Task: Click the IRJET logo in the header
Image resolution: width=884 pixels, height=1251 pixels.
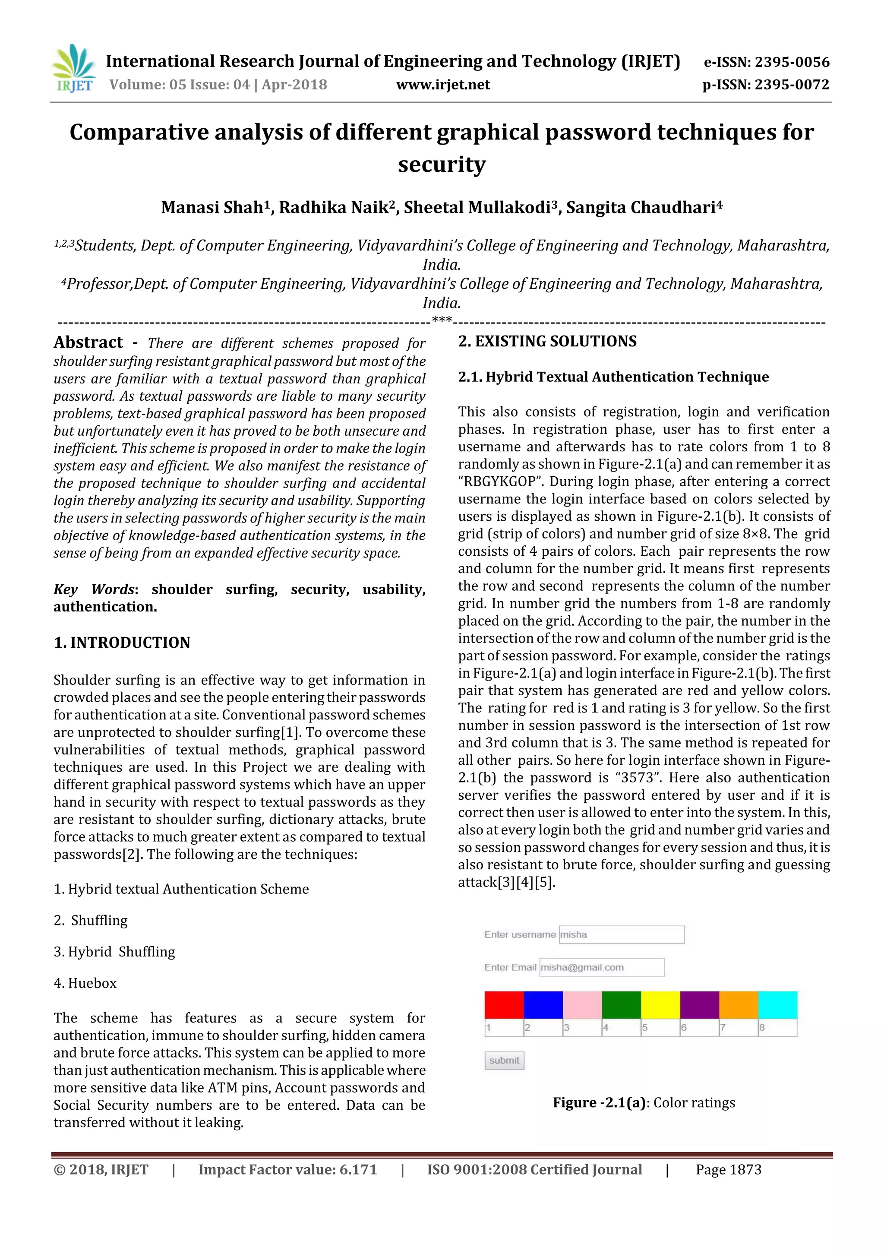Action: pyautogui.click(x=73, y=69)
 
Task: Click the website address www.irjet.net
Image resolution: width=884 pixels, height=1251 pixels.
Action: pyautogui.click(x=442, y=85)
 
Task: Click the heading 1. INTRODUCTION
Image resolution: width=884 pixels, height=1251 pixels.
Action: pyautogui.click(x=122, y=643)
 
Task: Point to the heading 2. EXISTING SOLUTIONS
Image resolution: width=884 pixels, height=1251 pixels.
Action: pyautogui.click(x=547, y=342)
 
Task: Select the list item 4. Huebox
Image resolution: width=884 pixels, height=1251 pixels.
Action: pyautogui.click(x=85, y=983)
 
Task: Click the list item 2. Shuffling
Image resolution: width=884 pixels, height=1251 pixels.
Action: pyautogui.click(x=91, y=920)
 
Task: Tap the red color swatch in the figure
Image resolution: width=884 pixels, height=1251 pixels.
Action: pyautogui.click(x=504, y=1005)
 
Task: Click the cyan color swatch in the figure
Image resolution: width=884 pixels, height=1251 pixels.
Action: pyautogui.click(x=777, y=1005)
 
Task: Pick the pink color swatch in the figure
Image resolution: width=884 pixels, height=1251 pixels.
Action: pyautogui.click(x=582, y=1005)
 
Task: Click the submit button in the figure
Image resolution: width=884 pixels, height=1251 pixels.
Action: pyautogui.click(x=504, y=1060)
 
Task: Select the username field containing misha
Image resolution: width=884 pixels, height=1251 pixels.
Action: pyautogui.click(x=621, y=934)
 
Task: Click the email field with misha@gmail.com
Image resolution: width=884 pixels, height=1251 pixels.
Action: pyautogui.click(x=601, y=967)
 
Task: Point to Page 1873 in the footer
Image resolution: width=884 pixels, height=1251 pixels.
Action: pyautogui.click(x=728, y=1170)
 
